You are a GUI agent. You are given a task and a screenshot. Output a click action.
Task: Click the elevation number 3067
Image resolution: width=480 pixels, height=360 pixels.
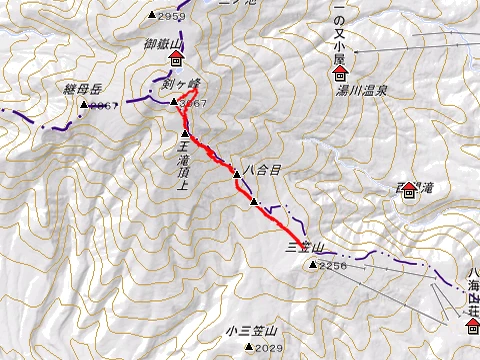(x=191, y=103)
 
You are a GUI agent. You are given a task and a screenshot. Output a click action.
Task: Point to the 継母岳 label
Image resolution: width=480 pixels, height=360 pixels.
(x=83, y=90)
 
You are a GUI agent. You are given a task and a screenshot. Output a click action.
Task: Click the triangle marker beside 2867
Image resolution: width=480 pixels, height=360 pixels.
(x=84, y=104)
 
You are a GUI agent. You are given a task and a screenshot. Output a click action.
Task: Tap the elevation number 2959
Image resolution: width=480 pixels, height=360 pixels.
(x=171, y=16)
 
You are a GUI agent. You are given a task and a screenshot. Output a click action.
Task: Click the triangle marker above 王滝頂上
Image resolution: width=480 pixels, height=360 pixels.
(x=185, y=134)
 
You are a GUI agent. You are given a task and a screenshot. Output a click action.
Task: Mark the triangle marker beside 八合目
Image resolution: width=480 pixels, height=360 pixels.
(x=237, y=175)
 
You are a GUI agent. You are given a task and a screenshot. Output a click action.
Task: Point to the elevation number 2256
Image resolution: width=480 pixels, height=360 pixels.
(x=333, y=265)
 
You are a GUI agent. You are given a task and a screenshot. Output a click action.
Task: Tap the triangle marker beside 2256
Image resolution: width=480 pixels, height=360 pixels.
(x=313, y=265)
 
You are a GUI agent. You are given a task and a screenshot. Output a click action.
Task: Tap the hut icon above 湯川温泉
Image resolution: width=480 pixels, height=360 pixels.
(x=340, y=75)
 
